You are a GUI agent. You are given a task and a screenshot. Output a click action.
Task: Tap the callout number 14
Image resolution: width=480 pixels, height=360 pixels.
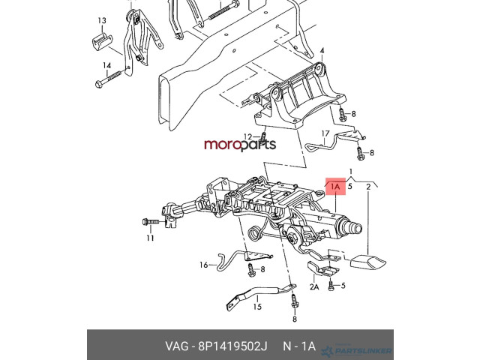106,66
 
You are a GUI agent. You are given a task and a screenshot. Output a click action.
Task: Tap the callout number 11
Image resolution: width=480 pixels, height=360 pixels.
150,238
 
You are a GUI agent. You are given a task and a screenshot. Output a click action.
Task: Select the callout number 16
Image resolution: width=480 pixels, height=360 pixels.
203,265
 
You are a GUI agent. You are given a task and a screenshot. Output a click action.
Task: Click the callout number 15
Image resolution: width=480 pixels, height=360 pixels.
257,307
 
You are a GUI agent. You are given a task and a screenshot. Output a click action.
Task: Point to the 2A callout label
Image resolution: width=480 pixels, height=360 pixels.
314,286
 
